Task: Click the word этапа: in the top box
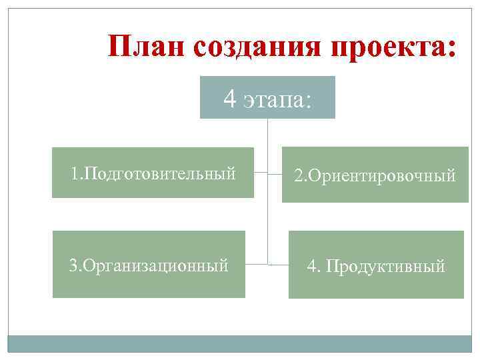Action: (277, 101)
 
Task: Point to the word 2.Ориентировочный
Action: (375, 176)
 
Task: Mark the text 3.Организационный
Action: (149, 265)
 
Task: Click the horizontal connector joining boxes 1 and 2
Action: (268, 173)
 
